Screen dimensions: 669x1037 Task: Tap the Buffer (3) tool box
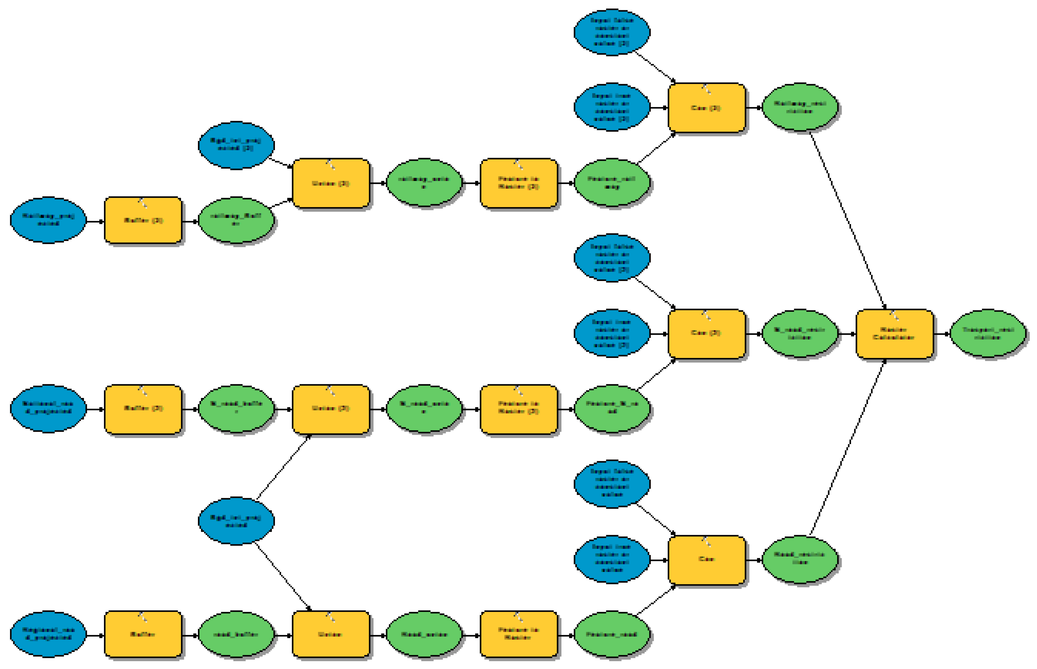pyautogui.click(x=143, y=220)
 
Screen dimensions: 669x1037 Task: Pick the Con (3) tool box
pyautogui.click(x=706, y=108)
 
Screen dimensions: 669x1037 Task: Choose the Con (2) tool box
pyautogui.click(x=706, y=334)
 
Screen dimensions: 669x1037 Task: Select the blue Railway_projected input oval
pyautogui.click(x=48, y=220)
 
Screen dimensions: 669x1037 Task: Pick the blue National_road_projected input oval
pyautogui.click(x=48, y=408)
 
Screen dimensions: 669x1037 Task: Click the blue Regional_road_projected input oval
pyautogui.click(x=48, y=634)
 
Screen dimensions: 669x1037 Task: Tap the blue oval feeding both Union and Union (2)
pyautogui.click(x=236, y=521)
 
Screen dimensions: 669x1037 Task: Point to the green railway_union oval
pyautogui.click(x=424, y=183)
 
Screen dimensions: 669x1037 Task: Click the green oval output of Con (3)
pyautogui.click(x=800, y=107)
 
